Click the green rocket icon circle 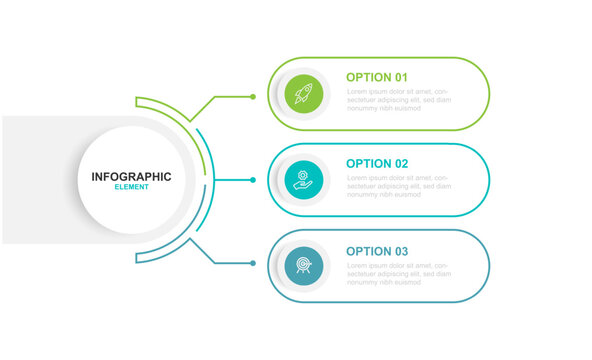(x=303, y=95)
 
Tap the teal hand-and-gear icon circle (x=303, y=180)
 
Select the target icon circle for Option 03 (x=303, y=265)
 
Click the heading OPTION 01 (x=377, y=77)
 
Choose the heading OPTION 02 (x=377, y=163)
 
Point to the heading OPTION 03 (x=377, y=251)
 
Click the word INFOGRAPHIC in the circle (x=131, y=177)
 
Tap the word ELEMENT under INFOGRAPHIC (x=131, y=188)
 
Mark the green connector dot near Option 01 (x=253, y=96)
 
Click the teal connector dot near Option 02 (x=253, y=180)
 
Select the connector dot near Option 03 (x=253, y=263)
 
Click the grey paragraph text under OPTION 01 (x=398, y=100)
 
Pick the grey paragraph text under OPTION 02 (x=398, y=186)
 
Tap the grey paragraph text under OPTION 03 (x=398, y=273)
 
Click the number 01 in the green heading (x=400, y=77)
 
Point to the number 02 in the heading (x=400, y=163)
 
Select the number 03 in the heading (x=400, y=251)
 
